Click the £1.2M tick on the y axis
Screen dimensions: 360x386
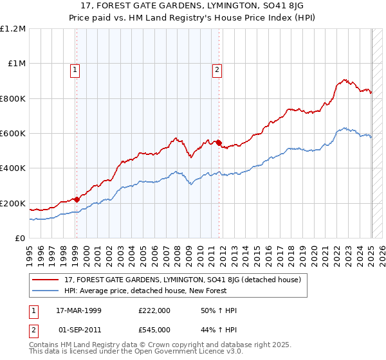coord(13,29)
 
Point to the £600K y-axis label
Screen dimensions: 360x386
coord(13,134)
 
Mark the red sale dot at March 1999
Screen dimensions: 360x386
coord(76,199)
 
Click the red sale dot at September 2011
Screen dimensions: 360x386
coord(219,143)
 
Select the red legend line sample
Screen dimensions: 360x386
coord(45,280)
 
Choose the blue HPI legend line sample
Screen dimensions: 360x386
coord(45,291)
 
